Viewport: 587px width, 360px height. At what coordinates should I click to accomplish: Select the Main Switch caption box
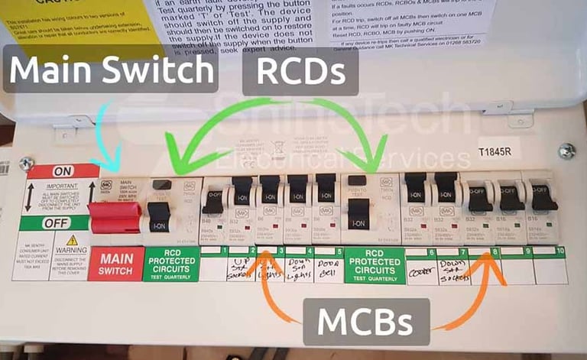(110, 70)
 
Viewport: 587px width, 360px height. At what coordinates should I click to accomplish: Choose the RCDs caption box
(301, 71)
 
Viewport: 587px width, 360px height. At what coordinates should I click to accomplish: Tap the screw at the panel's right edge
(566, 151)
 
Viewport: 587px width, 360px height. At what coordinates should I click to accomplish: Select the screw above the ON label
(27, 163)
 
